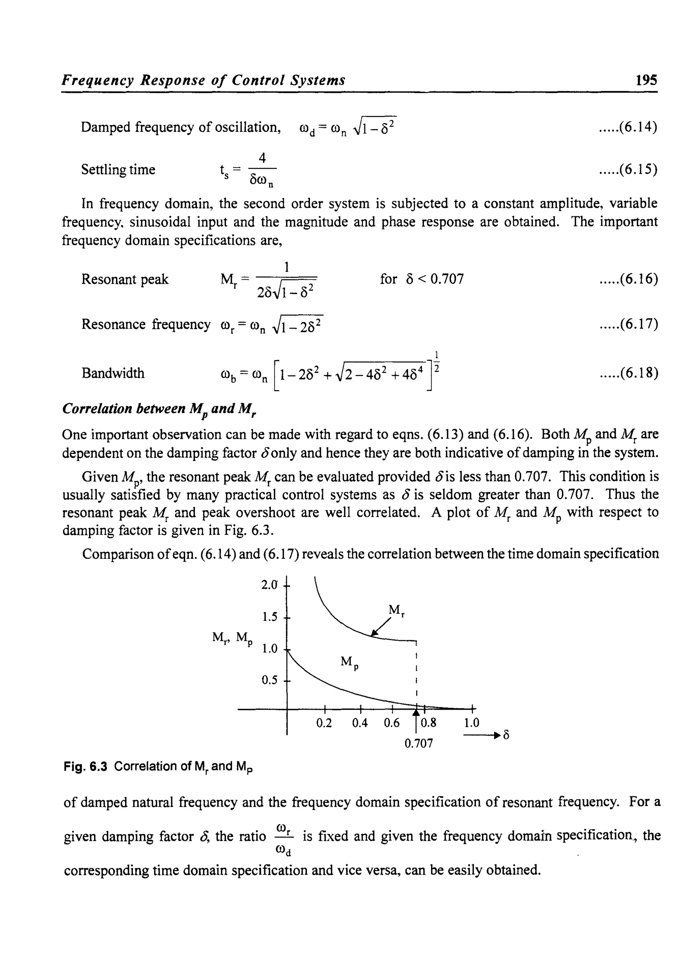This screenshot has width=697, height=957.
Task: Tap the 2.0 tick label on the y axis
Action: pos(270,585)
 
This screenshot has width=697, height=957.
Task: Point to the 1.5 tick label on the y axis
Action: pos(270,617)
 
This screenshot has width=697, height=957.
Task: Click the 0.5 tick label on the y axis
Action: pos(270,680)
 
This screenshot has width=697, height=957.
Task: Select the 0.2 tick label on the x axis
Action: pos(324,723)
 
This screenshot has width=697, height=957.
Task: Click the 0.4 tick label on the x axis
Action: pos(359,723)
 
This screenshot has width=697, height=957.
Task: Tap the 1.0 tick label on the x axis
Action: pos(472,723)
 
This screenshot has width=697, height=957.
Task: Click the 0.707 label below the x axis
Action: pos(419,743)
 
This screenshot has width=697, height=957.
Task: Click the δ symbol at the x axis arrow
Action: pos(506,735)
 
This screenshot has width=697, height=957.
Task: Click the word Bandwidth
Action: pos(113,373)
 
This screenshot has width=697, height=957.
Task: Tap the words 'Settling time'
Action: pos(118,169)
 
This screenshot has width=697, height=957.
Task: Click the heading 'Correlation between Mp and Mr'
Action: pos(160,409)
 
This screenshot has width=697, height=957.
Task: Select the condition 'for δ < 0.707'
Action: pos(421,279)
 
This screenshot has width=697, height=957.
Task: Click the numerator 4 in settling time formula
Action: pos(262,158)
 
